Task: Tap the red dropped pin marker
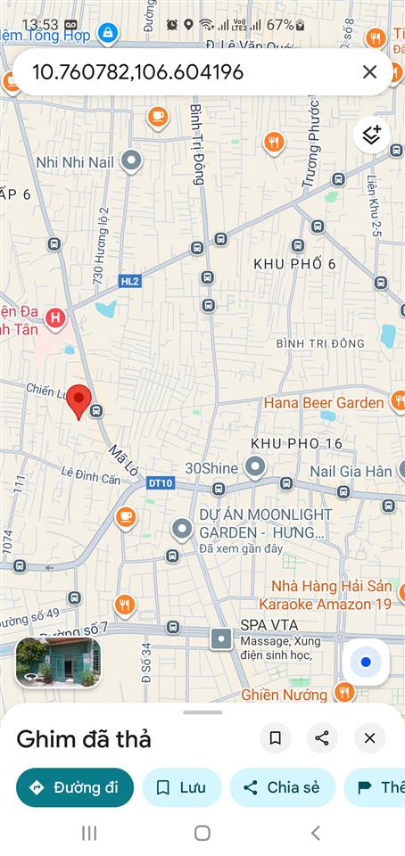coord(79,400)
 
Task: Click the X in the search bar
coord(369,72)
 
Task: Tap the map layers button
coord(371,136)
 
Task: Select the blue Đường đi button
coord(75,787)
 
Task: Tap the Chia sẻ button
coord(282,787)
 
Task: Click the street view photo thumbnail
coord(58,662)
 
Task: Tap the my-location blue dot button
coord(366,662)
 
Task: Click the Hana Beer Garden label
coord(323,403)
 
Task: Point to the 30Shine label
coord(211,468)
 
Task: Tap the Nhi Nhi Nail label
coord(75,162)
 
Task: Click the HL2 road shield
coord(130,282)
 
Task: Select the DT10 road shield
coord(159,482)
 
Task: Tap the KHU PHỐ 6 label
coord(294,264)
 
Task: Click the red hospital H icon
coord(55,317)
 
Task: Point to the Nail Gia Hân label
coord(351,471)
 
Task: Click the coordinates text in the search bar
coord(137,72)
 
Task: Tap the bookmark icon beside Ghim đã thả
coord(276,737)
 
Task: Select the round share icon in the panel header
coord(322,737)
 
